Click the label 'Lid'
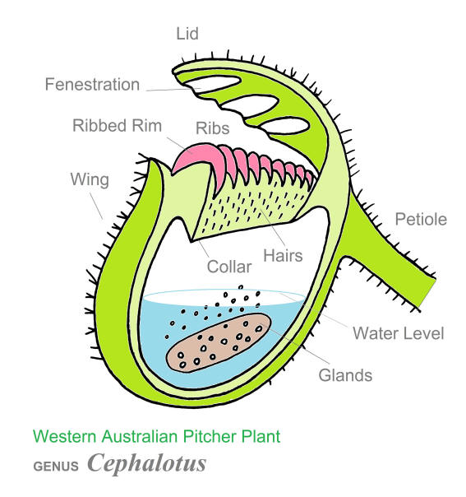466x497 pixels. pos(187,34)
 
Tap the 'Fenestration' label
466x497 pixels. pos(92,85)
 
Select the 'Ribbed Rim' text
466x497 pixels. pos(117,126)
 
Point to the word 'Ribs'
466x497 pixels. pos(212,128)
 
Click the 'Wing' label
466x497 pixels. pos(90,179)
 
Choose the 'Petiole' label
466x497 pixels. pos(421,220)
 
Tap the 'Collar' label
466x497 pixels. pos(229,267)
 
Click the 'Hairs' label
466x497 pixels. pos(283,256)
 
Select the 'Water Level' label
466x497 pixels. pos(399,333)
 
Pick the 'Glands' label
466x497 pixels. pos(345,375)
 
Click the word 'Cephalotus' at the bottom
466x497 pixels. pos(146,463)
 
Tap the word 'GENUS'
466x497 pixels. pos(56,467)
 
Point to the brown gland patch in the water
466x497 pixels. pos(219,342)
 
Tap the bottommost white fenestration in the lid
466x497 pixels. pos(284,125)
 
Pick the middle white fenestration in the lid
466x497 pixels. pos(250,104)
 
